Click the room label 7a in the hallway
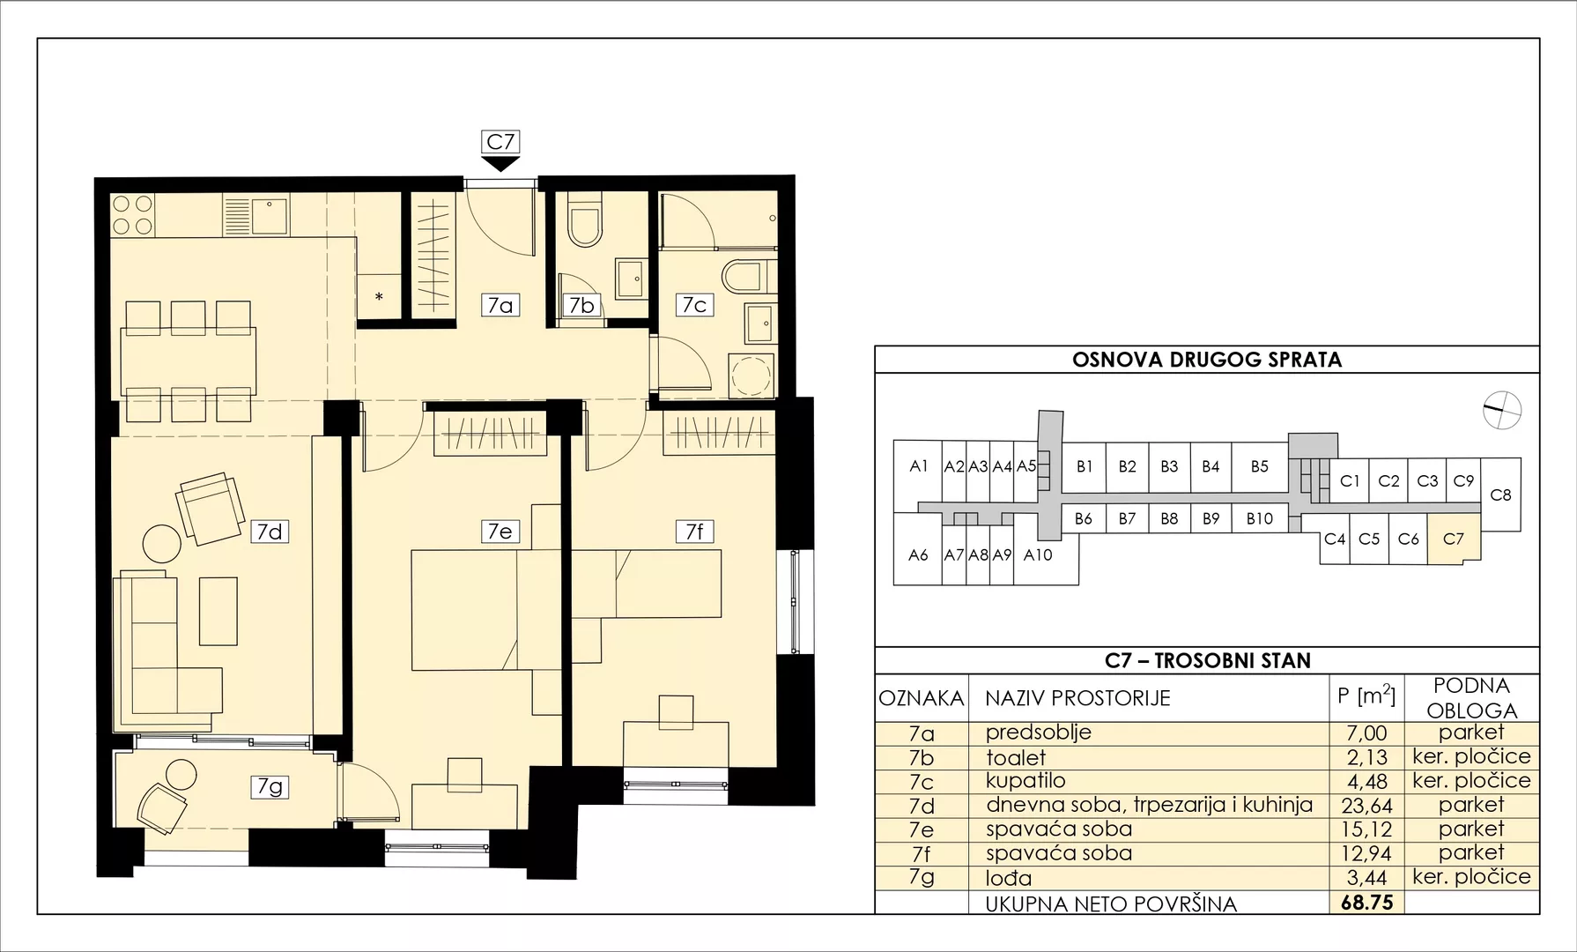click(500, 305)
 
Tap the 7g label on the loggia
click(270, 786)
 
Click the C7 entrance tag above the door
click(500, 141)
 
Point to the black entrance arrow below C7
click(500, 163)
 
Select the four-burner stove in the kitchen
click(132, 215)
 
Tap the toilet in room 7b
click(584, 220)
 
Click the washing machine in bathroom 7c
click(751, 376)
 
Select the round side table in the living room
click(162, 544)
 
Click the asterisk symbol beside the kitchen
click(379, 297)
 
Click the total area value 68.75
click(1366, 903)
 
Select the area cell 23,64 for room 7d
click(1366, 805)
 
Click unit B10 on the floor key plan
click(1260, 519)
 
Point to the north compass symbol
click(1502, 409)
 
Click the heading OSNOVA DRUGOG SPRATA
click(1207, 360)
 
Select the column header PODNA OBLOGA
click(1471, 698)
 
